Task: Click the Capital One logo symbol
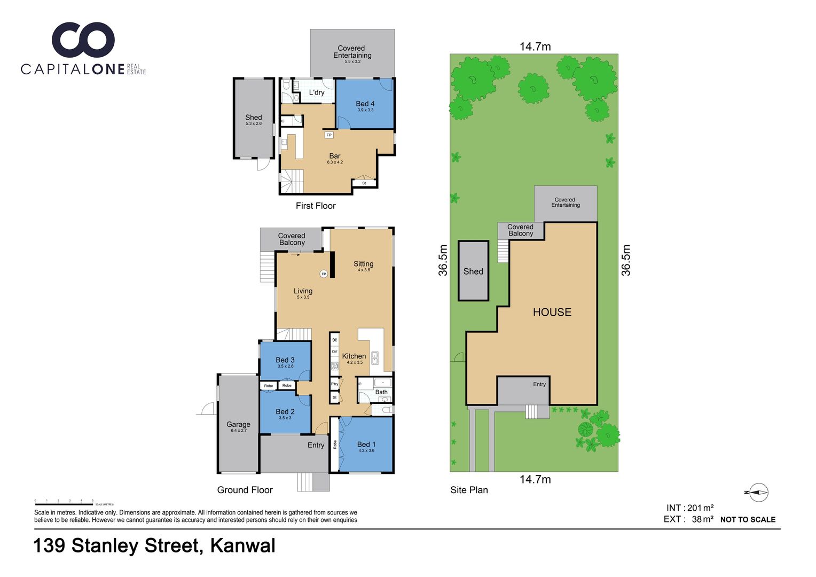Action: [x=83, y=40]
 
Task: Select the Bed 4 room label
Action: [x=365, y=104]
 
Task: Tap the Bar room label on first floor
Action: [x=335, y=156]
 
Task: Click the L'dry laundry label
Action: [x=317, y=92]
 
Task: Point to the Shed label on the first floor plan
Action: [x=254, y=118]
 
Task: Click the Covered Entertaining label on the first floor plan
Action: [x=352, y=52]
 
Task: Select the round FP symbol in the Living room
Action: [x=324, y=274]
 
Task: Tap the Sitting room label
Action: [x=363, y=264]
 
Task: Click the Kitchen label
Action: [x=354, y=356]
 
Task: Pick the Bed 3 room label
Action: [x=285, y=360]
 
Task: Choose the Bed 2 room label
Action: [x=285, y=412]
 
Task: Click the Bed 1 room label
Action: [x=366, y=445]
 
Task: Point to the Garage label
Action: [x=238, y=425]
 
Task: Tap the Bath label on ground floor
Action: [x=381, y=392]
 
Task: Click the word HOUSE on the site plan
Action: [x=552, y=312]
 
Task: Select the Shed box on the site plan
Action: [x=473, y=271]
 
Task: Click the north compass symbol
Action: [x=758, y=492]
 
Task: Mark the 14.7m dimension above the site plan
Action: [x=535, y=46]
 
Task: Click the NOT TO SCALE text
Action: [x=748, y=519]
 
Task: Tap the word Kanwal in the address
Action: [x=243, y=545]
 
